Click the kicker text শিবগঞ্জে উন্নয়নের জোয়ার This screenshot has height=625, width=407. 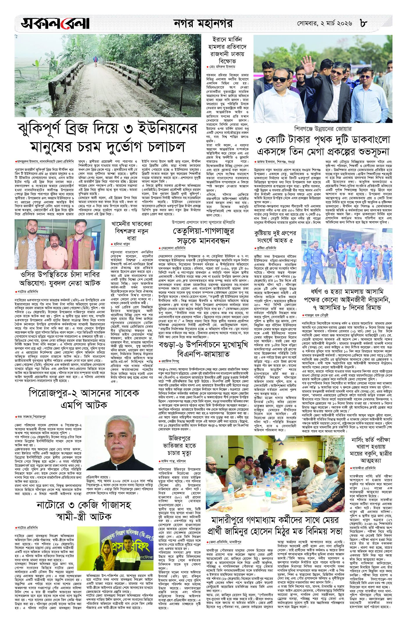(323, 128)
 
